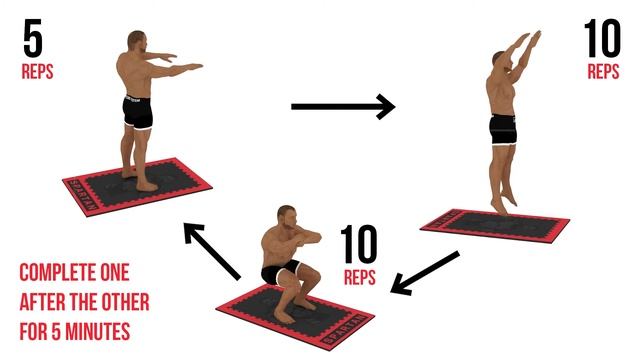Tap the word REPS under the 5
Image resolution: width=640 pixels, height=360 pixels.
[x=38, y=73]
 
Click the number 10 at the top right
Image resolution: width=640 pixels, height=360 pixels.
[x=602, y=40]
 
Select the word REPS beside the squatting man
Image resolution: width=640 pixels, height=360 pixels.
[x=360, y=277]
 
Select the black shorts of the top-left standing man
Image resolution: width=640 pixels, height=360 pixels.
[x=138, y=111]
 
